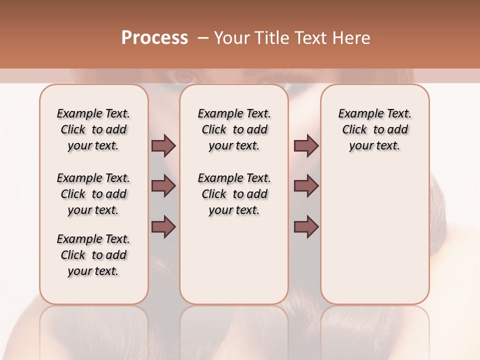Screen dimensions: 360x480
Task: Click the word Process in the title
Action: tap(154, 38)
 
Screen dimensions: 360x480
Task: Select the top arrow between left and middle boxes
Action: tap(163, 145)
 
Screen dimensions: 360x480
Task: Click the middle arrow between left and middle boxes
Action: tap(163, 186)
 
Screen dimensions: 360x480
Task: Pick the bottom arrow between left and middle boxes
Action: tap(163, 226)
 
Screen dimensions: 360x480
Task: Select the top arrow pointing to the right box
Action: tap(306, 145)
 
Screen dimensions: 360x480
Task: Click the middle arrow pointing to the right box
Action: tap(306, 186)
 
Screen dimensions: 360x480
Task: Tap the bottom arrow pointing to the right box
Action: tap(306, 226)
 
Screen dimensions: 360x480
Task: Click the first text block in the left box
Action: tap(93, 129)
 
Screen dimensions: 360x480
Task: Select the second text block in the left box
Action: tap(93, 194)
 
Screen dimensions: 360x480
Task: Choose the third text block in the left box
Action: tap(93, 255)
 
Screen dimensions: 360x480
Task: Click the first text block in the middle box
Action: tap(234, 129)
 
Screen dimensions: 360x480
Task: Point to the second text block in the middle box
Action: tap(234, 194)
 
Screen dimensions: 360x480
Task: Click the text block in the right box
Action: tap(374, 129)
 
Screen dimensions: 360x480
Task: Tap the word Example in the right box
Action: tap(359, 114)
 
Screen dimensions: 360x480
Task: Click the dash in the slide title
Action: tap(203, 38)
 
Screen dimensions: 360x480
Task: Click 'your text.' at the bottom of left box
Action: tap(93, 271)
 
